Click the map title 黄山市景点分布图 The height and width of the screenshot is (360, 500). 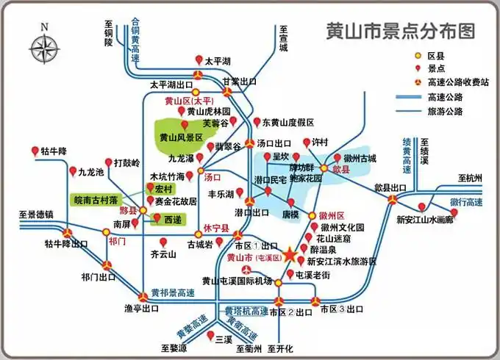click(x=400, y=31)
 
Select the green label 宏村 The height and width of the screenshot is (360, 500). click(x=163, y=189)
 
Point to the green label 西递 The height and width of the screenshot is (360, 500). click(x=171, y=219)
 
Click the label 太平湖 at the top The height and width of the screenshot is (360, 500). click(x=218, y=61)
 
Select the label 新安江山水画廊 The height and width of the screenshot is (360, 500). click(x=435, y=219)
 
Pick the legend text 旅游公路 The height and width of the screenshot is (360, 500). click(x=446, y=111)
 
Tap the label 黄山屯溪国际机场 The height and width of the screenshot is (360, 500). click(x=237, y=281)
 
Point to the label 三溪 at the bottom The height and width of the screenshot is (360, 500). click(x=224, y=338)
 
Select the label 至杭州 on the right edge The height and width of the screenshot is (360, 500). click(x=469, y=179)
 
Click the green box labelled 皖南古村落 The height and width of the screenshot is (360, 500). click(x=96, y=199)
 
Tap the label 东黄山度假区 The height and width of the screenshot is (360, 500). click(x=288, y=122)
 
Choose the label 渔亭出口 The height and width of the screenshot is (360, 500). click(x=141, y=309)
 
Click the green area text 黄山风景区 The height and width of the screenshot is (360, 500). click(x=186, y=137)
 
